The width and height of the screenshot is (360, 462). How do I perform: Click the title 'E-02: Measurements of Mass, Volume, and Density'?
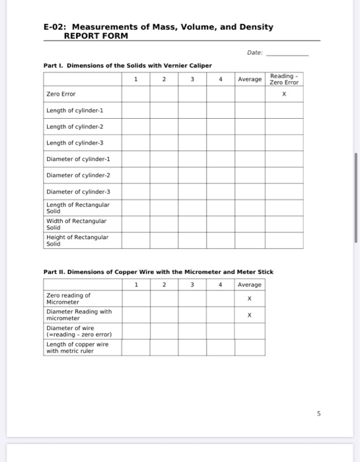[158, 27]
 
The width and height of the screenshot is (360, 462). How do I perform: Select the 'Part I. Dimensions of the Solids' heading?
[127, 65]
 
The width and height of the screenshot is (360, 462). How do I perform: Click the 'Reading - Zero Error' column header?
[284, 79]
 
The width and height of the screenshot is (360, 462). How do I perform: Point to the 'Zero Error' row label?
[61, 94]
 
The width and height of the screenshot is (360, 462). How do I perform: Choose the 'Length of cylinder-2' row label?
[75, 127]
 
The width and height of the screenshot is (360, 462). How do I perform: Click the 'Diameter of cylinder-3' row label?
[78, 191]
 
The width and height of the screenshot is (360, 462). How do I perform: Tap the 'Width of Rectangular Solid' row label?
[76, 224]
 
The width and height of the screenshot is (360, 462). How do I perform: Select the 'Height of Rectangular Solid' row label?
[77, 240]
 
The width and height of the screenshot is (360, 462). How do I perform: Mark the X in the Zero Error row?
[284, 94]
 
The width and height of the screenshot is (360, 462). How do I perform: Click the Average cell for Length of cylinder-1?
[250, 110]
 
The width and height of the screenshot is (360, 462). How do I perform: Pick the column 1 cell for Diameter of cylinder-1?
[135, 159]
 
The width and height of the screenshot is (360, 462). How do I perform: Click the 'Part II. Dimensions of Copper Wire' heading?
[158, 272]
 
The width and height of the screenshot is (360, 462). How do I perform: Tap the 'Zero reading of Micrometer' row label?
[69, 298]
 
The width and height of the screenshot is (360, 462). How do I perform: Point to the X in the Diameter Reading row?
[249, 315]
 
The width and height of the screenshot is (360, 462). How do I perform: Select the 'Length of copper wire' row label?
[77, 347]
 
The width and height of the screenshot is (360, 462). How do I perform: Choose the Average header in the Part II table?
[249, 284]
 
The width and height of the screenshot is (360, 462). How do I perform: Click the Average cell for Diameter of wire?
[249, 331]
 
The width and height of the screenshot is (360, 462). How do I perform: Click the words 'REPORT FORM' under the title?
[95, 36]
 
